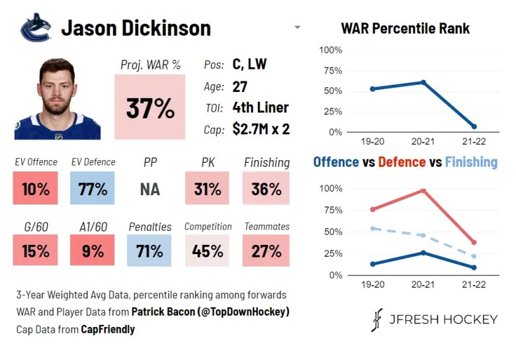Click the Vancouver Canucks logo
pos(35,28)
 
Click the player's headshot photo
pos(57,99)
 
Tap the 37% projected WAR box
pos(150,107)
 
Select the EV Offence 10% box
pos(35,189)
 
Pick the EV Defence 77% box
pos(92,189)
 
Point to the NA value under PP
pos(150,189)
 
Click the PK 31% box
pos(207,189)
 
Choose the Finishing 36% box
pos(266,189)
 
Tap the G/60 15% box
pos(35,251)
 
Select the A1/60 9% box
pos(92,251)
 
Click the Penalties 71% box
pos(150,251)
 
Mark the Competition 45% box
pos(207,251)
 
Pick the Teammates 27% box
pos(266,251)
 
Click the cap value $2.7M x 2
pos(261,129)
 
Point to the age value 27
pos(240,87)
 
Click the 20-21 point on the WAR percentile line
pos(423,83)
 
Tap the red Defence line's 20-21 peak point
pos(423,191)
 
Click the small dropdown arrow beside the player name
pos(297,28)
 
